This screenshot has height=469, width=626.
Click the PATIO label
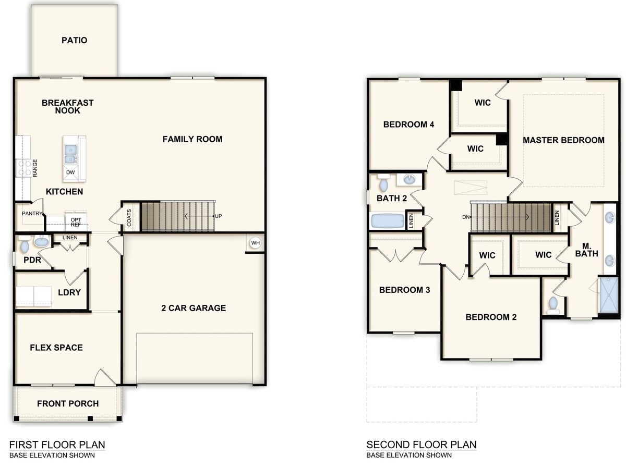[74, 40]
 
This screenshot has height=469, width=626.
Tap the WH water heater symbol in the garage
[255, 243]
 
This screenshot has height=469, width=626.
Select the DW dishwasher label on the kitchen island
[70, 172]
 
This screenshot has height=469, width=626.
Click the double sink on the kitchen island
[70, 154]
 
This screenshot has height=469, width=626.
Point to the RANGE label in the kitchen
[35, 168]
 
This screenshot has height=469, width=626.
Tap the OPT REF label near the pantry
[76, 223]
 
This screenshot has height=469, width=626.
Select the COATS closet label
[129, 217]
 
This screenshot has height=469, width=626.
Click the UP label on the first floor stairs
[218, 216]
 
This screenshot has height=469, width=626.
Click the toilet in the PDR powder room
[24, 244]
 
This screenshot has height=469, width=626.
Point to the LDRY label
[69, 292]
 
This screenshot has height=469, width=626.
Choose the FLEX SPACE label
[56, 348]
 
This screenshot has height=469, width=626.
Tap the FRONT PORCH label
[68, 403]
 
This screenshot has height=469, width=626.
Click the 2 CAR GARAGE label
[194, 308]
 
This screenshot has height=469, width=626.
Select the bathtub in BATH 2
[387, 221]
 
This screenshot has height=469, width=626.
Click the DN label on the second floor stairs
[466, 217]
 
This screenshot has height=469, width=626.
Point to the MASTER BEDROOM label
[563, 140]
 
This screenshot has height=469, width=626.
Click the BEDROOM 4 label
[408, 125]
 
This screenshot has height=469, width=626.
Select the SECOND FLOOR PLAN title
[421, 445]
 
